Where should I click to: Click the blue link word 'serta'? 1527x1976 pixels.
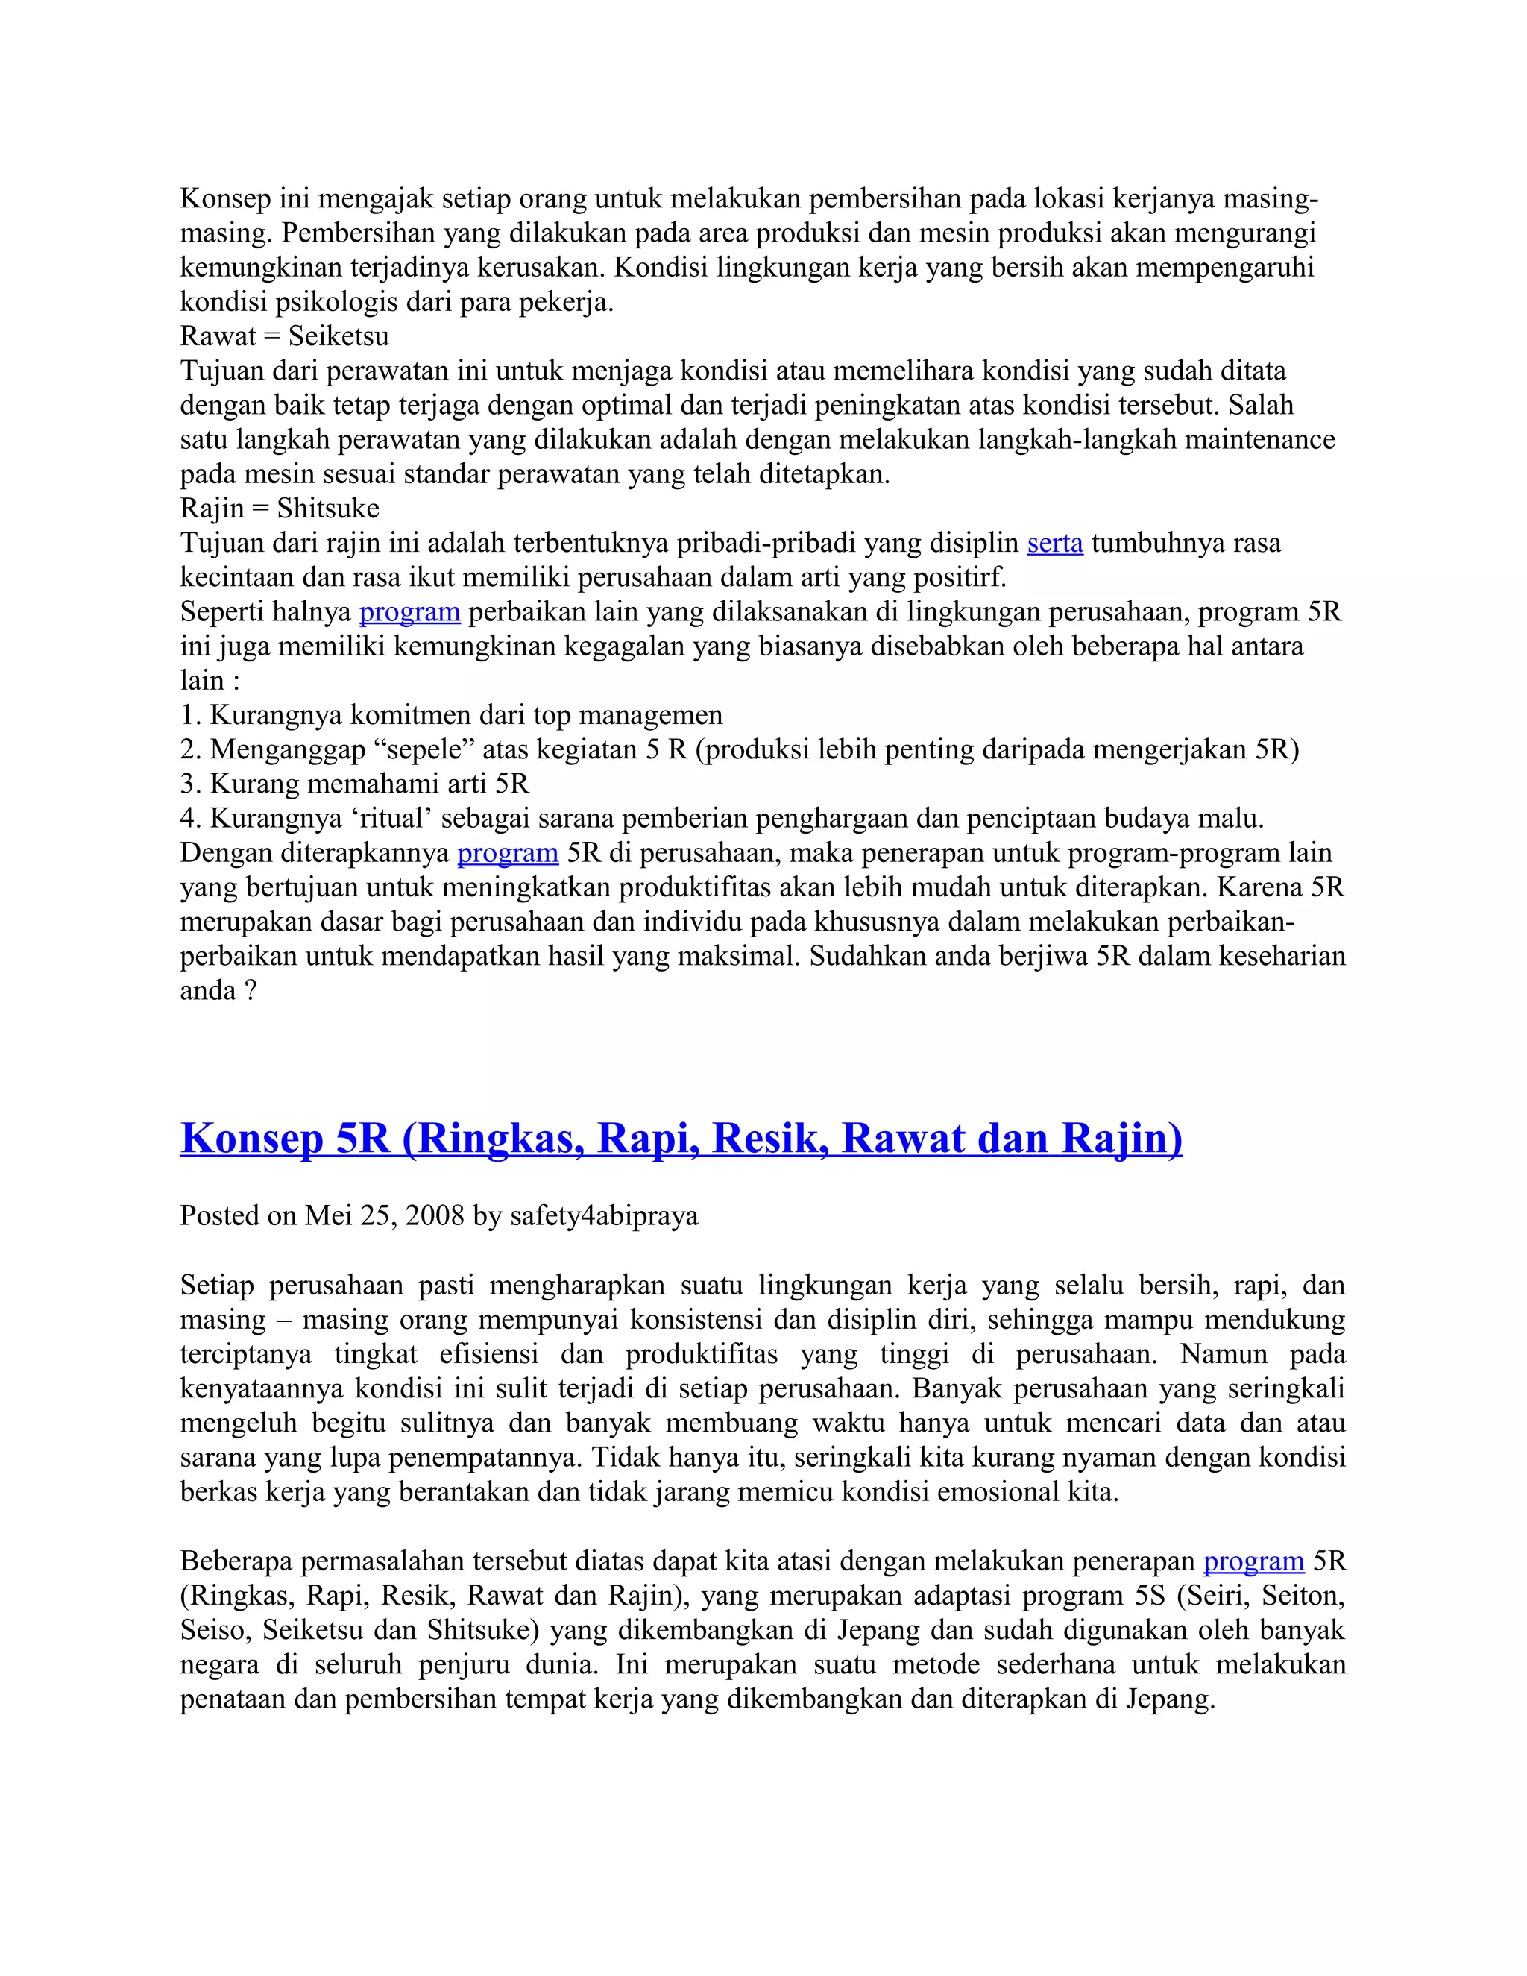pyautogui.click(x=1055, y=544)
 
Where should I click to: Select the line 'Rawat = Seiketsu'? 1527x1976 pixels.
pyautogui.click(x=284, y=336)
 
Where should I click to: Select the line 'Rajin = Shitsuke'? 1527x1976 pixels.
pyautogui.click(x=280, y=509)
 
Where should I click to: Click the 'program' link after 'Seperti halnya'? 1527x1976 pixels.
pyautogui.click(x=410, y=612)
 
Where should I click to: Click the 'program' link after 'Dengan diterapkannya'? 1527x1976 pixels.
pyautogui.click(x=508, y=853)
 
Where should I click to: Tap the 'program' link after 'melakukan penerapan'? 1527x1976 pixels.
pyautogui.click(x=1253, y=1561)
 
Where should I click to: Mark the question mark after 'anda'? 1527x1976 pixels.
pyautogui.click(x=251, y=991)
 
